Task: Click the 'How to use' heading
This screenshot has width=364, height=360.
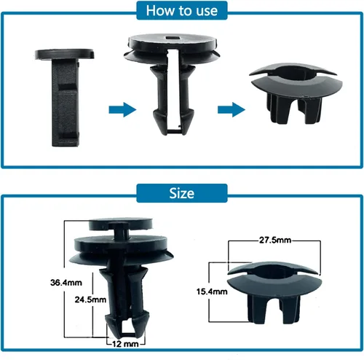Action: [x=182, y=11]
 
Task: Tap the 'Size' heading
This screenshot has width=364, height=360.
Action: [x=182, y=193]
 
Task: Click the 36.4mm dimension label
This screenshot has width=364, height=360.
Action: [x=66, y=283]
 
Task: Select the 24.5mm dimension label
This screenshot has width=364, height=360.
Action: [x=90, y=300]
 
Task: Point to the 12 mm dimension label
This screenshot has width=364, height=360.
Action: [x=125, y=344]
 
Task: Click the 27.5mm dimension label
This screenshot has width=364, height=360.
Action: [x=275, y=240]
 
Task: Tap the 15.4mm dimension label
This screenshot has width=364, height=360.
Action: [x=212, y=291]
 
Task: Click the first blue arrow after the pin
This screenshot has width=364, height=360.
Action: [x=122, y=109]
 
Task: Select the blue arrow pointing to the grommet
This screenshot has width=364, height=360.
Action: [x=232, y=109]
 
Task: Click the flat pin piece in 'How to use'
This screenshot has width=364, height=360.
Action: [x=65, y=97]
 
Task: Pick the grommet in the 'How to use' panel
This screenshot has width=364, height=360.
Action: [x=296, y=93]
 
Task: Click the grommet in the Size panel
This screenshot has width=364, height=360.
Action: [x=274, y=292]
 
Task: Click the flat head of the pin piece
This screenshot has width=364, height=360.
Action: [x=64, y=54]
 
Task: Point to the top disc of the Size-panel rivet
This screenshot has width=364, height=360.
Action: [x=121, y=224]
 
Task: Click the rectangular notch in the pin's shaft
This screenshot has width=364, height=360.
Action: [x=68, y=87]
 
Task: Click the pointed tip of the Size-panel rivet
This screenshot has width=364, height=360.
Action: [x=125, y=337]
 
